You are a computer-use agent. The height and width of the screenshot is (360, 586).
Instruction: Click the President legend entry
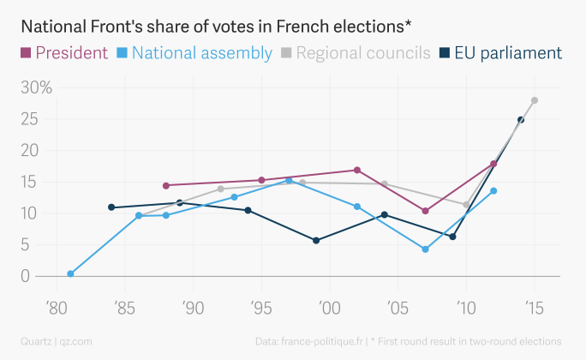coord(65,53)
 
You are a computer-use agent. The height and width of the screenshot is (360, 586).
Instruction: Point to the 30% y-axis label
coord(36,87)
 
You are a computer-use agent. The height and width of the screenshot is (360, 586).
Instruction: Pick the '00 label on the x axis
coord(329,307)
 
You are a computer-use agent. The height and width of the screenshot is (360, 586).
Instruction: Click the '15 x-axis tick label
coord(535,307)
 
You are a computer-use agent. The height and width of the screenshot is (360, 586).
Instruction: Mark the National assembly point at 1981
coord(70,274)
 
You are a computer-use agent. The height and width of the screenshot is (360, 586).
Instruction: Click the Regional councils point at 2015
coord(535,100)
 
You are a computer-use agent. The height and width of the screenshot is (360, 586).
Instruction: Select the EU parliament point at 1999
coord(316,240)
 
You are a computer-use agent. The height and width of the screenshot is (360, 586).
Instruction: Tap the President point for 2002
coord(357,170)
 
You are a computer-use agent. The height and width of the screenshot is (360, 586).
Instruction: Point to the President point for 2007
coord(425,211)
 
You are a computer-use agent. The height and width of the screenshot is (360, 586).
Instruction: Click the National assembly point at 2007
coord(425,249)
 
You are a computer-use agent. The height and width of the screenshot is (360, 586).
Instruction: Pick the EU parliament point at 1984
coord(111,207)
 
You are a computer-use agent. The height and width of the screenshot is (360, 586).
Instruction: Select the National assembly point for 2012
coord(493,190)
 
